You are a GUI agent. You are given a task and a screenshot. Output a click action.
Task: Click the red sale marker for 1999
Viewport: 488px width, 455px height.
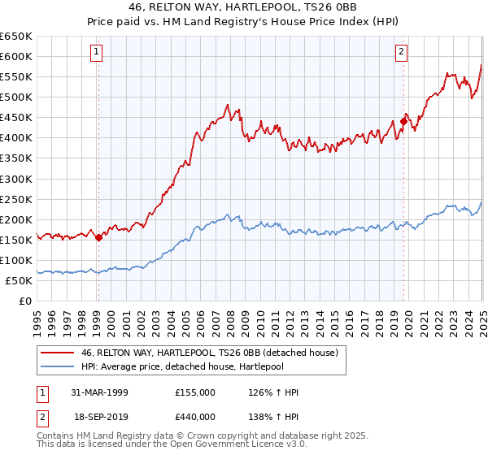pos(99,237)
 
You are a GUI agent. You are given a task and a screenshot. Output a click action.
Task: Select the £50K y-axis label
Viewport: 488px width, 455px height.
pos(20,280)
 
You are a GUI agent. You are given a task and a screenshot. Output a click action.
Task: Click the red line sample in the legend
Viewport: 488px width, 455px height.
pos(57,352)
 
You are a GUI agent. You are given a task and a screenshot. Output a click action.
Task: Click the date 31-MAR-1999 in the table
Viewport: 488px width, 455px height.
pos(98,392)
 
